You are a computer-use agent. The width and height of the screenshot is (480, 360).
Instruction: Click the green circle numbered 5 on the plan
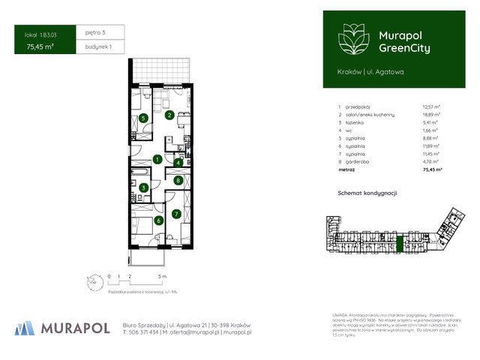click(142, 118)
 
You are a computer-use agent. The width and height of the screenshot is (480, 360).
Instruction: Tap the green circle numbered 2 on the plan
click(170, 115)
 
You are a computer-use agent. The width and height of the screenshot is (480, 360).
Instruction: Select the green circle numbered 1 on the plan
click(157, 159)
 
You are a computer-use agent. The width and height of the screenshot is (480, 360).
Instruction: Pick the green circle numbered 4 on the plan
click(178, 163)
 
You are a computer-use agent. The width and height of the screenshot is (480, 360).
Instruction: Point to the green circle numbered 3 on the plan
click(143, 187)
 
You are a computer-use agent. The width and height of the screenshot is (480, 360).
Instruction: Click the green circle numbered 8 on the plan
click(178, 180)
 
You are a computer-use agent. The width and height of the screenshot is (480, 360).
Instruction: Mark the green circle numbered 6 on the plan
click(158, 220)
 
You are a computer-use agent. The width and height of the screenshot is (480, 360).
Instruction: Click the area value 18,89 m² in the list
click(430, 115)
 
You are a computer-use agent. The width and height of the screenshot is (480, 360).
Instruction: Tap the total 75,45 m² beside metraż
click(432, 170)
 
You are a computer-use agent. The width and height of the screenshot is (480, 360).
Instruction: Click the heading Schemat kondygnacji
click(368, 193)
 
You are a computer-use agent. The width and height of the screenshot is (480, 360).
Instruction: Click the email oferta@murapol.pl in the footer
click(196, 331)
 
